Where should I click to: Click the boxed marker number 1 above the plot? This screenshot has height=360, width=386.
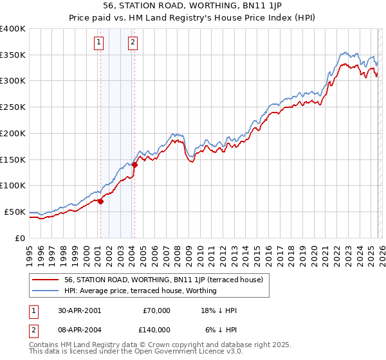pyautogui.click(x=99, y=43)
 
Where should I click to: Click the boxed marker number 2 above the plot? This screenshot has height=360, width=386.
pyautogui.click(x=133, y=43)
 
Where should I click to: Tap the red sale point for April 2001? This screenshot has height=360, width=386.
pyautogui.click(x=101, y=201)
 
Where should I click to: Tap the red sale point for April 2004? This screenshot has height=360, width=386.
pyautogui.click(x=135, y=165)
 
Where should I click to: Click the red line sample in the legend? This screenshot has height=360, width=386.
pyautogui.click(x=45, y=280)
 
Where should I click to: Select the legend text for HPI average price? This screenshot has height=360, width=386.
pyautogui.click(x=140, y=291)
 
